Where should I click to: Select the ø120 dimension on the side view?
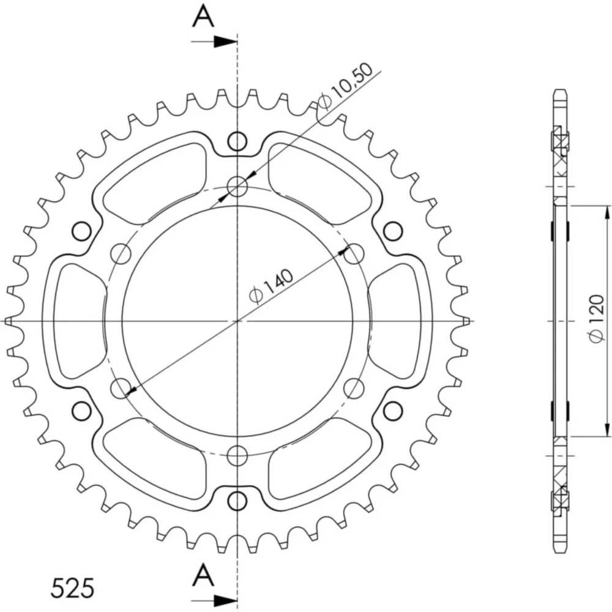click(597, 319)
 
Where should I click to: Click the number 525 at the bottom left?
click(72, 588)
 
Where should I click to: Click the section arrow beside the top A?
click(214, 42)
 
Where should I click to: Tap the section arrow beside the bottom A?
click(214, 600)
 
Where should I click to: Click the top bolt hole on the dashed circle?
click(237, 186)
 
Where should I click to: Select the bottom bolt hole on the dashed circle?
click(237, 455)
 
